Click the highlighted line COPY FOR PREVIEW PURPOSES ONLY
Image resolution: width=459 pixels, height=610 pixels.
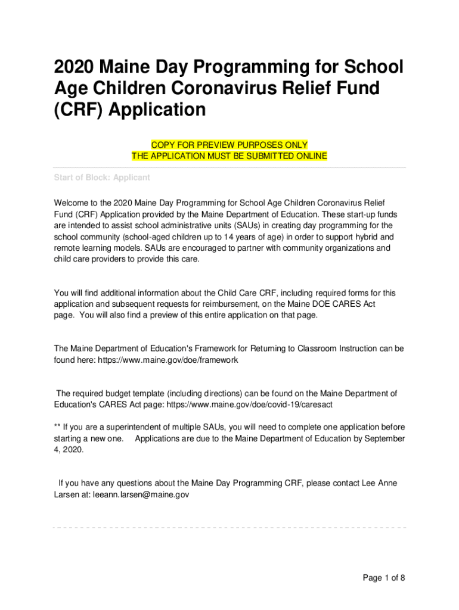tap(229, 145)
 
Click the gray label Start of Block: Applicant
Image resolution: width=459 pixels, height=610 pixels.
tap(102, 178)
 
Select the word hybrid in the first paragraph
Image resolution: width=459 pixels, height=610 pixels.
tap(367, 237)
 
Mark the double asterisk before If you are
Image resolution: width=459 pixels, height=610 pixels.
tap(57, 427)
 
